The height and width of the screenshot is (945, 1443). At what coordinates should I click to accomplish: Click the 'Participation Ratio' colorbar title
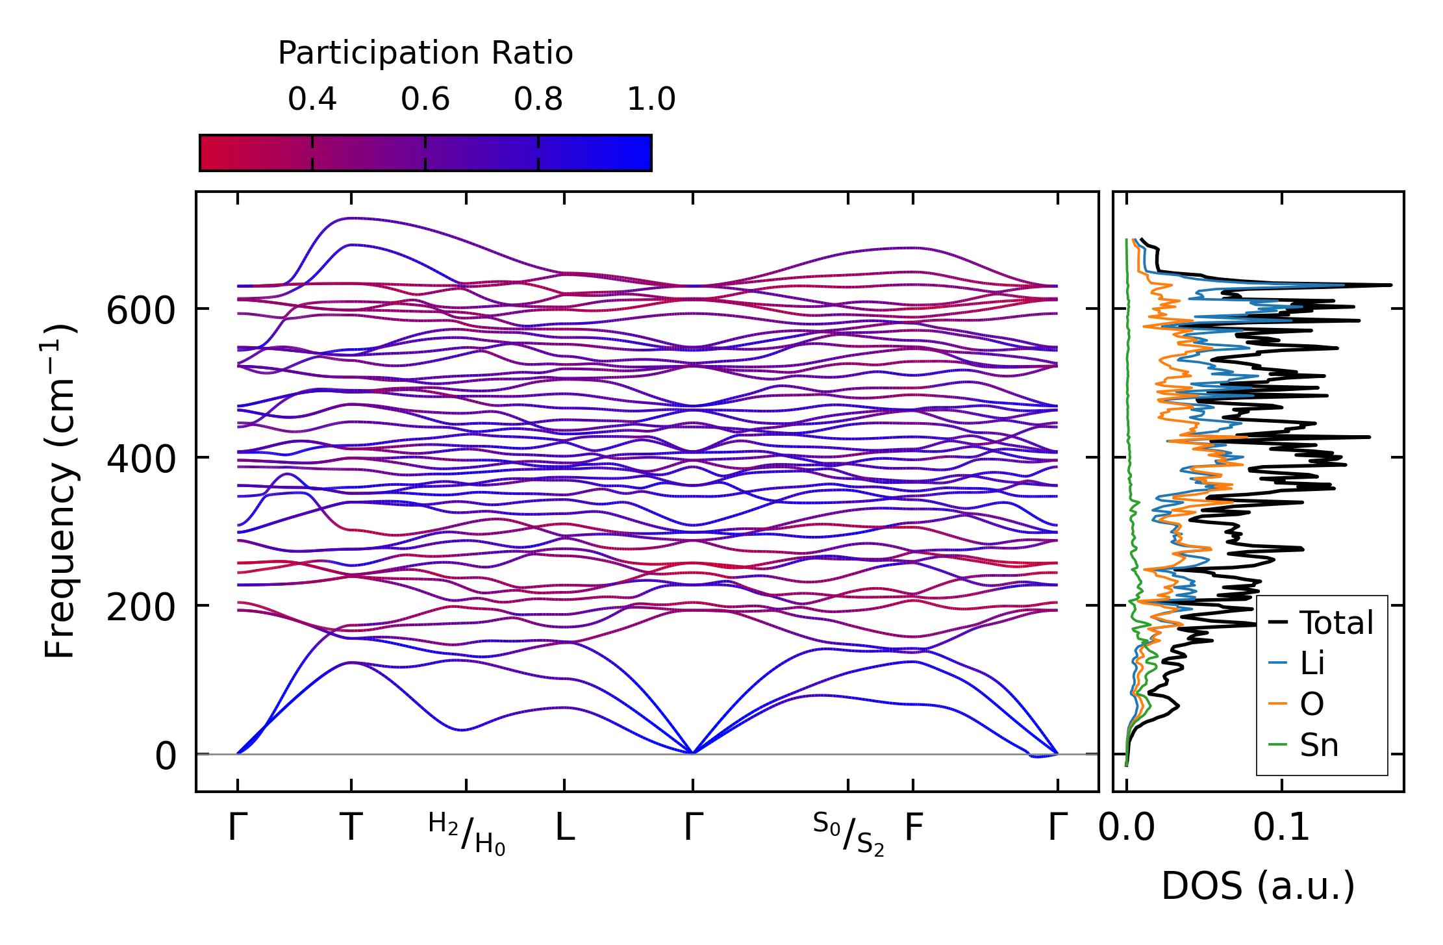425,53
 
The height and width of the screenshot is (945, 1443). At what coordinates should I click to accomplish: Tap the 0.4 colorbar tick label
312,99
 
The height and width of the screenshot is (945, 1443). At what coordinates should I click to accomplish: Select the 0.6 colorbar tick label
425,99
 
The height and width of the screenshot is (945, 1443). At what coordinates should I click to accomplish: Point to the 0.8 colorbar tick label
538,99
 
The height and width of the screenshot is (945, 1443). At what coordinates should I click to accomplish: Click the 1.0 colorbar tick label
651,99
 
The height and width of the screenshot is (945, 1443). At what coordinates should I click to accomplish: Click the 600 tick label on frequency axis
141,310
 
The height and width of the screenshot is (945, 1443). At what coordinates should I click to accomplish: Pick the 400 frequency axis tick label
141,459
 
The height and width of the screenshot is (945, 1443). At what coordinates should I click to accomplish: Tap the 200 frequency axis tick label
141,608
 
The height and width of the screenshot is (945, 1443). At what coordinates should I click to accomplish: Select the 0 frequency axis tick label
165,757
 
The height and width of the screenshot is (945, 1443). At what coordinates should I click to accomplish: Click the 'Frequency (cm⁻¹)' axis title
59,491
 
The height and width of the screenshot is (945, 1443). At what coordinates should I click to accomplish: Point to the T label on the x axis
351,827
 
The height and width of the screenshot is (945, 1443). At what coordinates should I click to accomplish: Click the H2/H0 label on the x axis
466,834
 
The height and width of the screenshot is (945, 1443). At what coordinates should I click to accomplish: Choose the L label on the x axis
564,827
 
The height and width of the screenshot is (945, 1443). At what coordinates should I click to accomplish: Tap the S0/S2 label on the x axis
848,834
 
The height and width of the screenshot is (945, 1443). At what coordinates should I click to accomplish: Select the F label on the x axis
914,827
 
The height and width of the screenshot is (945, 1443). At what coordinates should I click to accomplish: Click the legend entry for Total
1321,623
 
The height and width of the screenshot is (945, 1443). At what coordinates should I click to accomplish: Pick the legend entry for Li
1296,663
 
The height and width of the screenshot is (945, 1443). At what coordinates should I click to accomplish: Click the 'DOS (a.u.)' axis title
1258,886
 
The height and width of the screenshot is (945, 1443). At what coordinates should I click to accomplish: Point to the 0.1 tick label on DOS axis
1281,827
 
